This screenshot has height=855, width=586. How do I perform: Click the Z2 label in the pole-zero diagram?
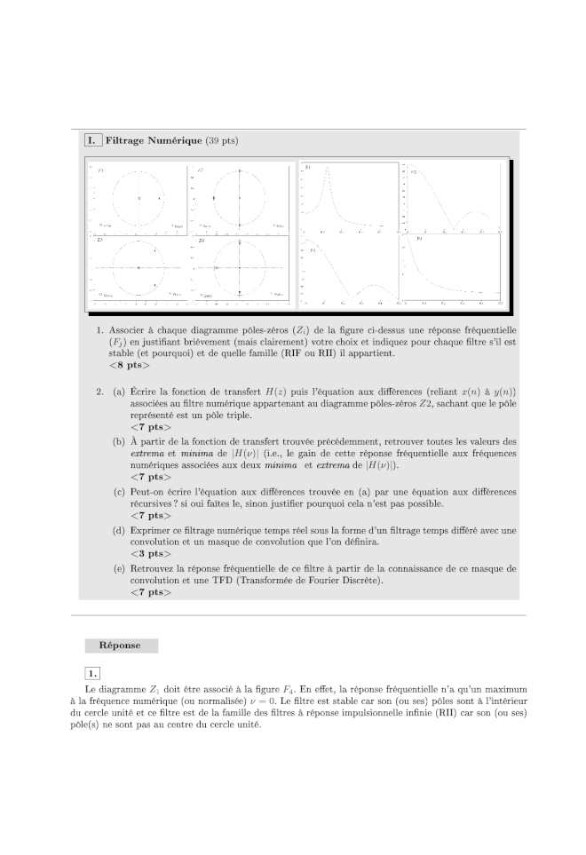click(201, 170)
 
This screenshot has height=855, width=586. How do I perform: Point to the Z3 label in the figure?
click(99, 241)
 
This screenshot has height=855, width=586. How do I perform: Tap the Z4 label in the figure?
click(202, 241)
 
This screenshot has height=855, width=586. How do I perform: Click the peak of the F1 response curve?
click(327, 170)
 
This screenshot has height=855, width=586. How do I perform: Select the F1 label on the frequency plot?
click(307, 167)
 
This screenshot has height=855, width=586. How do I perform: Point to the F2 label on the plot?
click(414, 170)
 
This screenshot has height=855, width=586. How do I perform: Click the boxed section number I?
click(91, 140)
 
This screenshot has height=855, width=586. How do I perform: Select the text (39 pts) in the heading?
click(221, 140)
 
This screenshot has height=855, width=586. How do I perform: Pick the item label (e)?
click(118, 567)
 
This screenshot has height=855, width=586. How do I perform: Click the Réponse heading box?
click(122, 645)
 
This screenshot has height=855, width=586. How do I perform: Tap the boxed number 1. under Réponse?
click(93, 672)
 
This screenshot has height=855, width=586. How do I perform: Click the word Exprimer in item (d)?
click(151, 530)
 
